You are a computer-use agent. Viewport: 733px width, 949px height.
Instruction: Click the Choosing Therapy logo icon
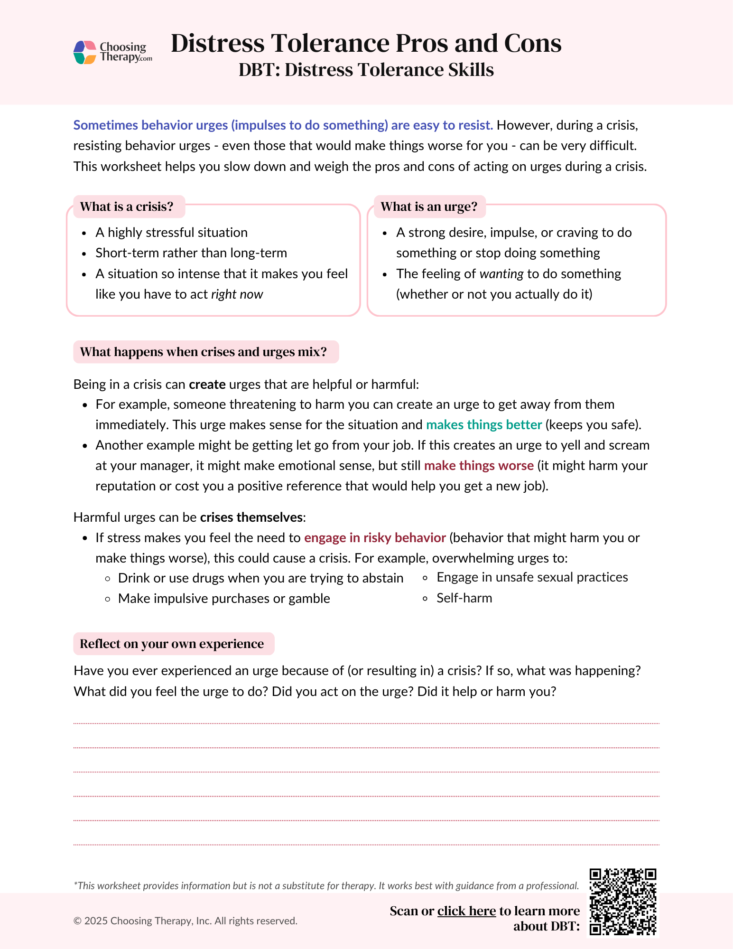pos(85,52)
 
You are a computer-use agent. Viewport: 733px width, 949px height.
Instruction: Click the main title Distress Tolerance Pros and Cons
pos(366,43)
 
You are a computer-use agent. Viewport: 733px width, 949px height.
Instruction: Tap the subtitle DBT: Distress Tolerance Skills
pos(366,70)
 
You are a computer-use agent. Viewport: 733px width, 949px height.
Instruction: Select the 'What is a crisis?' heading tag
pos(127,207)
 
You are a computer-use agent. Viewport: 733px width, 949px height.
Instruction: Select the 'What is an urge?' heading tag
pos(429,207)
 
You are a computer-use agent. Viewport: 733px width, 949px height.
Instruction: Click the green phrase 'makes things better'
pos(483,424)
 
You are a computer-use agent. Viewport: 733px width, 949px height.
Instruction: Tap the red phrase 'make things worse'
pos(479,465)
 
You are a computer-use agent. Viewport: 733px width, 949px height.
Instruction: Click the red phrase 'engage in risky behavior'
pos(375,537)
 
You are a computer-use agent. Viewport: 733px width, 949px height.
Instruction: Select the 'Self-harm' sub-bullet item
pos(464,598)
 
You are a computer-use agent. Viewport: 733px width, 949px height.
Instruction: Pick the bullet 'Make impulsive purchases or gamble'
pos(223,598)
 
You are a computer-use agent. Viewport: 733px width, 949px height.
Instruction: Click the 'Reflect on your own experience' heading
pos(172,644)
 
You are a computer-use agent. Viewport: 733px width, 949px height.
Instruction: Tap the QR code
pos(622,902)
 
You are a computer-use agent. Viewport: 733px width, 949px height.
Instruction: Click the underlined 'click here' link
pos(466,911)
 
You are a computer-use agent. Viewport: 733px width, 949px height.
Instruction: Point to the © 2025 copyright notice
pos(186,921)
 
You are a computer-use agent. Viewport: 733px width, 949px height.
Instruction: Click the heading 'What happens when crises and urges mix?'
pos(204,352)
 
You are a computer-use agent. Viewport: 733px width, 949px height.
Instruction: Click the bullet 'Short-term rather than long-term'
pos(191,253)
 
